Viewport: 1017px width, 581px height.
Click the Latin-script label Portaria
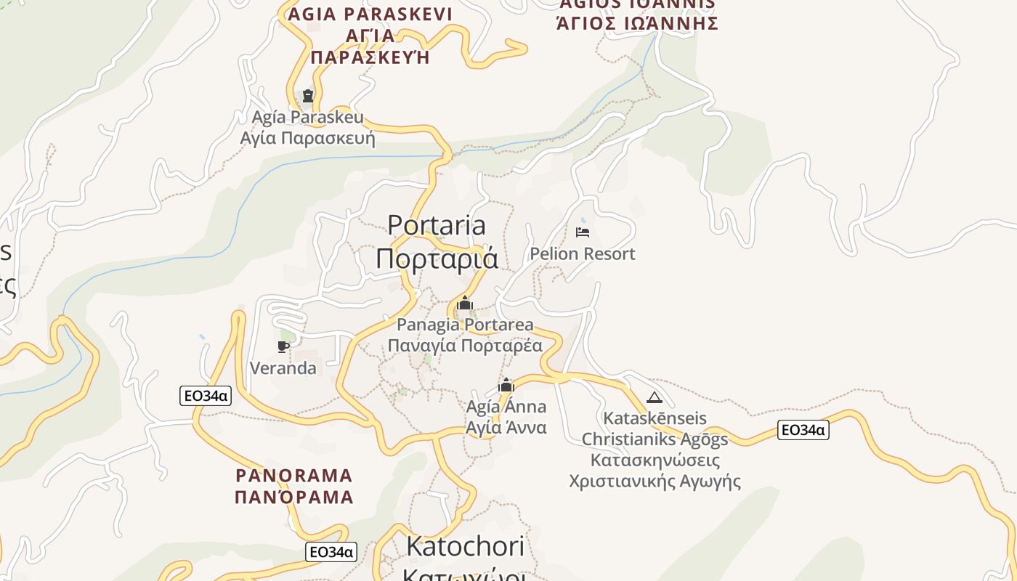pyautogui.click(x=436, y=225)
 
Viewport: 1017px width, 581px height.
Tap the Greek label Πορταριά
pyautogui.click(x=437, y=259)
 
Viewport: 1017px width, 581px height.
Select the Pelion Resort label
pyautogui.click(x=582, y=253)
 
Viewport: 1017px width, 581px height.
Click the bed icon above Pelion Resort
pyautogui.click(x=582, y=232)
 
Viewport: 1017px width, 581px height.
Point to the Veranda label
pyautogui.click(x=283, y=368)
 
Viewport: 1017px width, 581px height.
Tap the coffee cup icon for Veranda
pyautogui.click(x=283, y=346)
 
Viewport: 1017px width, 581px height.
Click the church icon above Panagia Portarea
pyautogui.click(x=465, y=303)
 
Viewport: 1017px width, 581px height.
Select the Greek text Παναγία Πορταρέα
pyautogui.click(x=465, y=346)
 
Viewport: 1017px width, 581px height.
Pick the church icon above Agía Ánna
pyautogui.click(x=506, y=385)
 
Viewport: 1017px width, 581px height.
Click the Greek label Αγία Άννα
pyautogui.click(x=506, y=427)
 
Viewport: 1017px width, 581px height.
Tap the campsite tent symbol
pyautogui.click(x=655, y=397)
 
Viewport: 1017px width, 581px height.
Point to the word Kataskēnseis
pyautogui.click(x=655, y=419)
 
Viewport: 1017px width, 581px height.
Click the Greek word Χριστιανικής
pyautogui.click(x=620, y=481)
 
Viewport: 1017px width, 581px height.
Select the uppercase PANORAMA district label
pyautogui.click(x=294, y=476)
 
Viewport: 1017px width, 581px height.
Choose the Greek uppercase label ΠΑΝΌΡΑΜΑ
pyautogui.click(x=294, y=497)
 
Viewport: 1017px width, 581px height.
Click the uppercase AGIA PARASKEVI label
pyautogui.click(x=370, y=15)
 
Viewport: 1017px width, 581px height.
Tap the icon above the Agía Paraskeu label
pyautogui.click(x=307, y=95)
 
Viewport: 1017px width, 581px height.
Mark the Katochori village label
pyautogui.click(x=465, y=546)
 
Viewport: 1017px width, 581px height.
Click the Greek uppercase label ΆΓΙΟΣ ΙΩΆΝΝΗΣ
pyautogui.click(x=637, y=23)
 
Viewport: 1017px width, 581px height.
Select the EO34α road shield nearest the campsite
pyautogui.click(x=803, y=430)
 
